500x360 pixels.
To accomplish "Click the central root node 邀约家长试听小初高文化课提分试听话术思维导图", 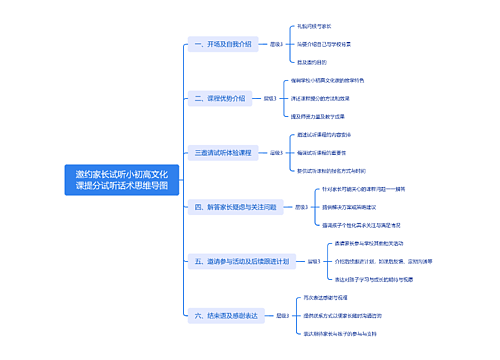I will click(x=122, y=180).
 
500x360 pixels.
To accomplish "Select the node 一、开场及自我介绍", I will click(x=216, y=44).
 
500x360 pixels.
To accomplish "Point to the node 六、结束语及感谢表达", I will click(x=226, y=315).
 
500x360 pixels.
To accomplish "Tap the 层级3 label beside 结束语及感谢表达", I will click(x=286, y=315).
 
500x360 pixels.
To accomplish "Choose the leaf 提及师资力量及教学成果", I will click(x=331, y=117).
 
